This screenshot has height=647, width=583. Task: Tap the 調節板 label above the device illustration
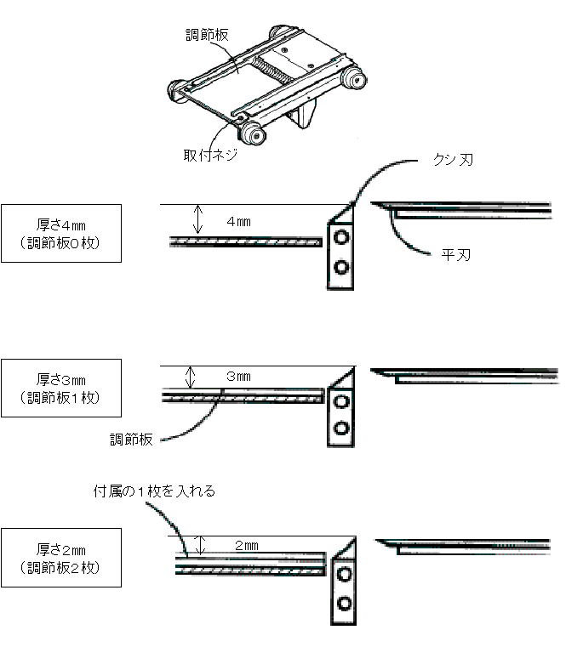[x=208, y=35]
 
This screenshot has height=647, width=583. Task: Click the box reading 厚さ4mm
[x=60, y=232]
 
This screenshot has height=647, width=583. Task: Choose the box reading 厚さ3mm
[x=60, y=387]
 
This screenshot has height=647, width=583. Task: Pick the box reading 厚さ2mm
[x=60, y=557]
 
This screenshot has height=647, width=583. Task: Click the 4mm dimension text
[x=238, y=222]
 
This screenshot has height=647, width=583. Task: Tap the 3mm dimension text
[x=239, y=376]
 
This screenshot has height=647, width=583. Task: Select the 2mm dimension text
[x=246, y=545]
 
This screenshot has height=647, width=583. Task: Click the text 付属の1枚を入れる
[x=155, y=491]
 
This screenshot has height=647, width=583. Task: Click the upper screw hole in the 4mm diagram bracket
[x=342, y=237]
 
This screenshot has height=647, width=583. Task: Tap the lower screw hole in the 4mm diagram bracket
[x=342, y=268]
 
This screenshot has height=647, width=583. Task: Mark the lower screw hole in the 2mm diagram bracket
[x=345, y=604]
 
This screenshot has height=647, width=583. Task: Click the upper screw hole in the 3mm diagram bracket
[x=342, y=400]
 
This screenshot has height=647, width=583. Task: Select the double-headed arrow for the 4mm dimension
[x=197, y=220]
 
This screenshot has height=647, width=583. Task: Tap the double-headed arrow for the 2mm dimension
[x=202, y=545]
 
